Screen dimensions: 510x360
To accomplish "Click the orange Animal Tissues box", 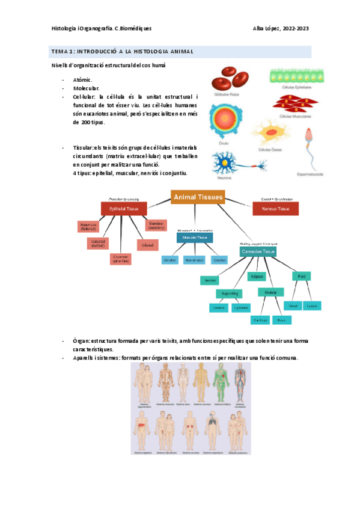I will [x=198, y=197].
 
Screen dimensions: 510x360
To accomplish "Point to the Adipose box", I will [x=256, y=276].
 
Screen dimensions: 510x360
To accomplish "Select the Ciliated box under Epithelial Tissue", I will [x=147, y=245].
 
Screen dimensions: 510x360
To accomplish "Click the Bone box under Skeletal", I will [x=281, y=321].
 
